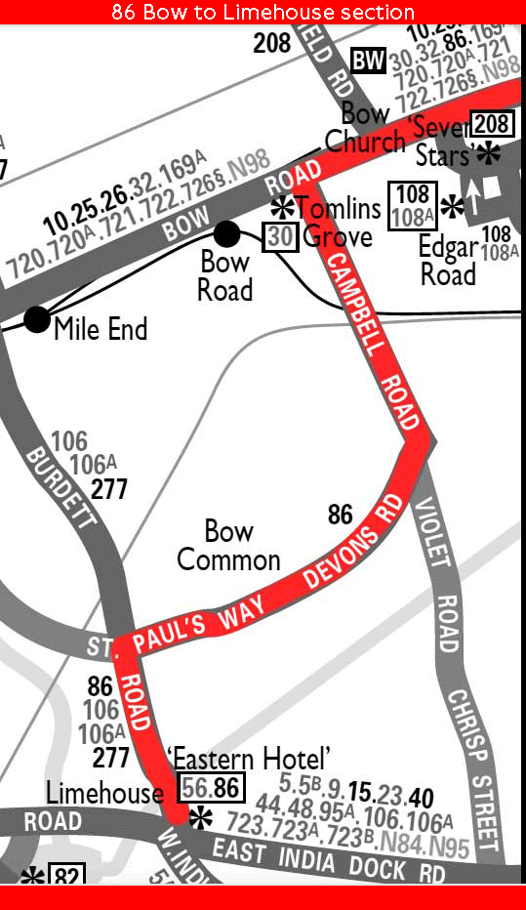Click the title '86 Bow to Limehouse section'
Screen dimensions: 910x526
263,12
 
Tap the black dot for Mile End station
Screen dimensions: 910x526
37,319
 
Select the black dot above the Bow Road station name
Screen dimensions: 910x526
226,233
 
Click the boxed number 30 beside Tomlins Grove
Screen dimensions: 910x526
280,237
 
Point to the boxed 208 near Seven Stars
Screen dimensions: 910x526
491,124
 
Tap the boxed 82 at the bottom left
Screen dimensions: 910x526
66,876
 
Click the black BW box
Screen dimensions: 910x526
368,61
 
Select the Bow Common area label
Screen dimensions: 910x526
229,546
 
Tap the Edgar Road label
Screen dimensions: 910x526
448,261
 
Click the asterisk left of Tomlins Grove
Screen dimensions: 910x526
282,207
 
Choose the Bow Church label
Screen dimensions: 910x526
365,128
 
